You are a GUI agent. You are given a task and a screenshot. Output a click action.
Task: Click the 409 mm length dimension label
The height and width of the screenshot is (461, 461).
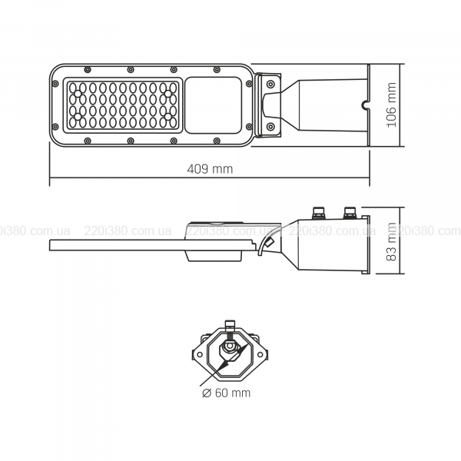(210, 169)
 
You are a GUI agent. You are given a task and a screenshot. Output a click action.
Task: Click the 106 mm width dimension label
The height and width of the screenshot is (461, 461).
(391, 104)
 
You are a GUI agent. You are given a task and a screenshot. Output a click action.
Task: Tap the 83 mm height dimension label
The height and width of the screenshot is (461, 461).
(391, 242)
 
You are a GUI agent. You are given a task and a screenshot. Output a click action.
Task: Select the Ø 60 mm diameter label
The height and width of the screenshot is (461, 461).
(227, 393)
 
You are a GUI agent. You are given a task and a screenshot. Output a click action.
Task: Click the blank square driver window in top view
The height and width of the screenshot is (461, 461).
(214, 105)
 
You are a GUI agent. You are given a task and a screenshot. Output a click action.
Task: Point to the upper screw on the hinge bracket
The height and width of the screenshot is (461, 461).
(270, 85)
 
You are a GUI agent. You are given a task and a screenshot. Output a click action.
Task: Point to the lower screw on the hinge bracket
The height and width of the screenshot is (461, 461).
(270, 127)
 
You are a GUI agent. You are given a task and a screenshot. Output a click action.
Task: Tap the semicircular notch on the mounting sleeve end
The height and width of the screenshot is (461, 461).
(365, 105)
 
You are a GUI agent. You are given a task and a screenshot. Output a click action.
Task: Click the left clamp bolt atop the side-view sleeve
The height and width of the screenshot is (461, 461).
(319, 213)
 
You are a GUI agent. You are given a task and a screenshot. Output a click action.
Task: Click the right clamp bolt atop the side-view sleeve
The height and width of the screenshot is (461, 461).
(350, 213)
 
